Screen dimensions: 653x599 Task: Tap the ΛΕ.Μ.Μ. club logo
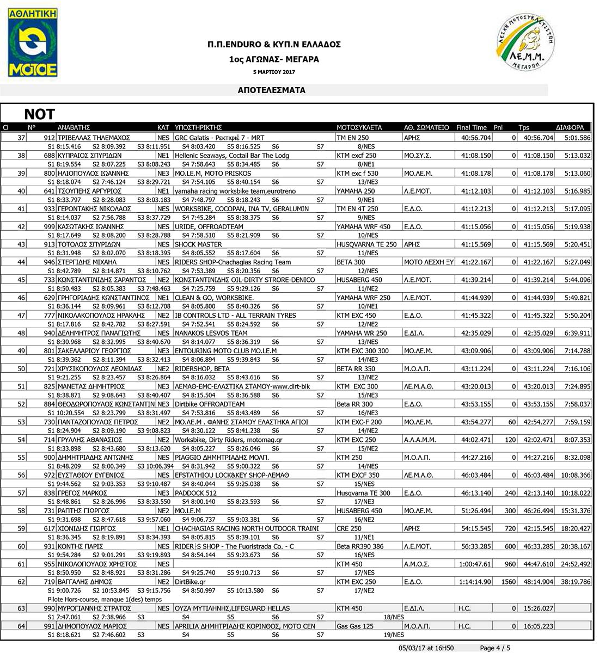[x=525, y=42]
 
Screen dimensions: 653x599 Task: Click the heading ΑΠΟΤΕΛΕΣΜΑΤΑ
[x=272, y=90]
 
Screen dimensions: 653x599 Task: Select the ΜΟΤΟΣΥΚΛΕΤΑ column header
[x=359, y=127]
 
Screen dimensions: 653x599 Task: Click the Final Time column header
[x=471, y=127]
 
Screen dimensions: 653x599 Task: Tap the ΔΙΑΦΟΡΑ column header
[x=570, y=127]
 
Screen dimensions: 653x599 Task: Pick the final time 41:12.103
[x=476, y=191]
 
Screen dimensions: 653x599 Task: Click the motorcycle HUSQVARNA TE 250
[x=366, y=244]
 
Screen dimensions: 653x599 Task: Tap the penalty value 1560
[x=509, y=582]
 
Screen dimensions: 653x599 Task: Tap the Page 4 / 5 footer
[x=495, y=648]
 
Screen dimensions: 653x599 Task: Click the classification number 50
[x=22, y=369]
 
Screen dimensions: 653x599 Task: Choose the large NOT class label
[x=40, y=114]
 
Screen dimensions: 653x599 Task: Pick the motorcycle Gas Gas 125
[x=355, y=626]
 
